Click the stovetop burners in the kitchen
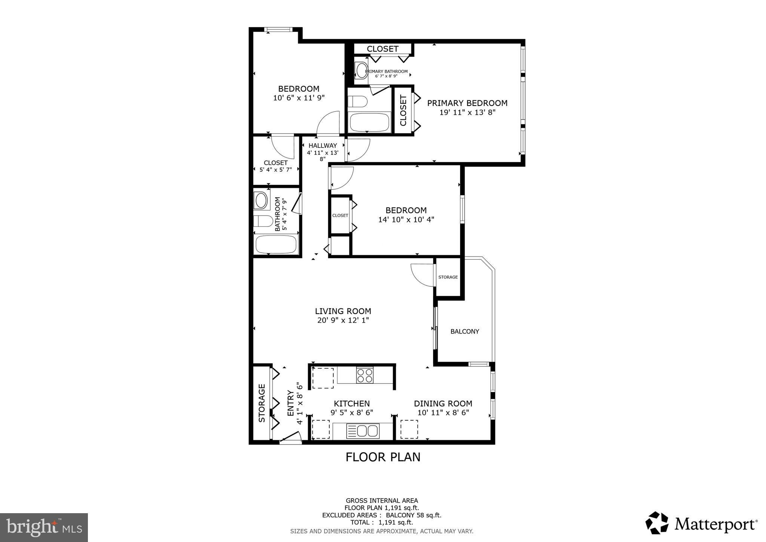click(364, 375)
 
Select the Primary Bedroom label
click(467, 103)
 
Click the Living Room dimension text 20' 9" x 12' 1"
click(343, 320)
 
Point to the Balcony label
click(465, 331)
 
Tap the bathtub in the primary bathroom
click(369, 122)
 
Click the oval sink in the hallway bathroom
click(261, 201)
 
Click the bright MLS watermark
click(44, 527)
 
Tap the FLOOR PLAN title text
click(383, 457)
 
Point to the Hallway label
click(322, 146)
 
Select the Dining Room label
click(443, 404)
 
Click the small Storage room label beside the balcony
click(448, 277)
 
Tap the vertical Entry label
click(291, 403)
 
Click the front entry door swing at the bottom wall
click(291, 437)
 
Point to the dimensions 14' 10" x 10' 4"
click(406, 219)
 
